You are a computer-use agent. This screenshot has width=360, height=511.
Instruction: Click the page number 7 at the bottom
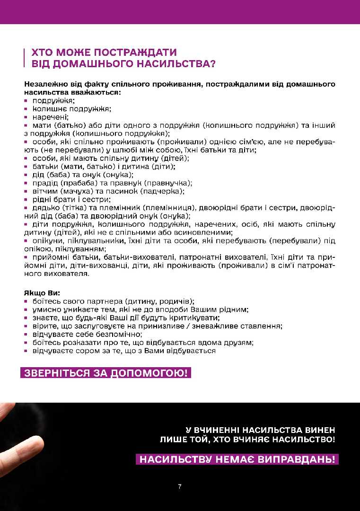(x=180, y=486)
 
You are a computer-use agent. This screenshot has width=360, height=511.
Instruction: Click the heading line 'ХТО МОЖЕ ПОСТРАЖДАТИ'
(x=105, y=53)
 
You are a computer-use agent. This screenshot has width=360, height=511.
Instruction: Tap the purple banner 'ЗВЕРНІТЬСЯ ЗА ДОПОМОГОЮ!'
(x=105, y=373)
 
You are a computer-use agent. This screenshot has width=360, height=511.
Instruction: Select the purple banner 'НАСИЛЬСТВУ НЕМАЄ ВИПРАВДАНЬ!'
(x=237, y=459)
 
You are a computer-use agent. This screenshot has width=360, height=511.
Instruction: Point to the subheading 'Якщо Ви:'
(x=42, y=293)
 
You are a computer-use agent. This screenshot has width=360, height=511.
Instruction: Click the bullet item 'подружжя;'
(x=53, y=100)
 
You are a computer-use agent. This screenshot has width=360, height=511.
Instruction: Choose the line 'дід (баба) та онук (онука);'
(x=79, y=175)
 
